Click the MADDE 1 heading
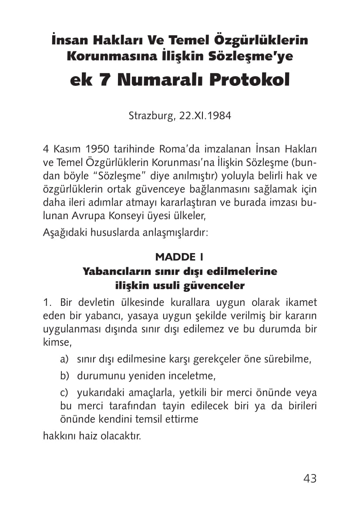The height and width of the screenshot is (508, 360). pos(180,257)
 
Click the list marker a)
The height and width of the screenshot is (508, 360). pos(64,360)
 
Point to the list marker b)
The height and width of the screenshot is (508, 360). pos(64,376)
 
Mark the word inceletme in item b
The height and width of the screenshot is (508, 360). pos(192,376)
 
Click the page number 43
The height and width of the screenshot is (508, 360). pos(310,478)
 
